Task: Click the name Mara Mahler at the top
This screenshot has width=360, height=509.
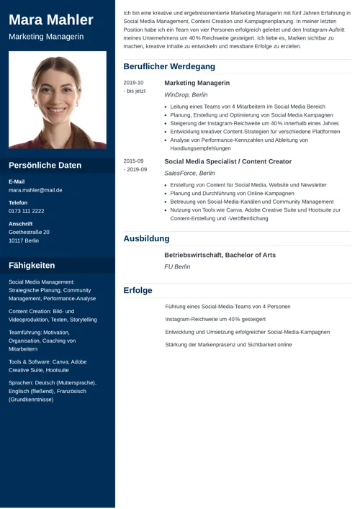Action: click(x=51, y=19)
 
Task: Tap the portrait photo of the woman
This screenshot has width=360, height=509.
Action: click(x=58, y=99)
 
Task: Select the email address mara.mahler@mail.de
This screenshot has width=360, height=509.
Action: click(x=35, y=191)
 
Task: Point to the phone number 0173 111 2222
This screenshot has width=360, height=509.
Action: click(x=27, y=211)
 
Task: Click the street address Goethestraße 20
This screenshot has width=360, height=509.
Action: click(x=29, y=232)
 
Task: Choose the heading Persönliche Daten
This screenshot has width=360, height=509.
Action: click(x=45, y=165)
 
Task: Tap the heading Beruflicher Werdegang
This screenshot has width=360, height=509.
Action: click(x=168, y=66)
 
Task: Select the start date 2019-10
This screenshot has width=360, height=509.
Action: click(x=133, y=83)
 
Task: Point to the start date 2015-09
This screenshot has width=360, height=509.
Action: click(x=133, y=161)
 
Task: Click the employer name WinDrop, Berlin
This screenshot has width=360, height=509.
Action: click(x=186, y=94)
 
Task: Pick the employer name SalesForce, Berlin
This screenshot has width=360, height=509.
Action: click(x=189, y=173)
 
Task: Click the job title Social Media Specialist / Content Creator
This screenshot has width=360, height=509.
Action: click(x=228, y=161)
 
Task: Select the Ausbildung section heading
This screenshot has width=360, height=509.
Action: click(x=146, y=238)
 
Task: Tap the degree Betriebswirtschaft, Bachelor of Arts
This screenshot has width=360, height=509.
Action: click(x=220, y=255)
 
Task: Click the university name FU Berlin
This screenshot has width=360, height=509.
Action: click(x=177, y=266)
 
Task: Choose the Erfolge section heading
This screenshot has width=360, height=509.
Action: click(x=138, y=290)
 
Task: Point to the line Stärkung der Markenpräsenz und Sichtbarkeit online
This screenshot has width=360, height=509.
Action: click(x=228, y=345)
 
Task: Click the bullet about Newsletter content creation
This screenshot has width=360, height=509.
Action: click(x=248, y=185)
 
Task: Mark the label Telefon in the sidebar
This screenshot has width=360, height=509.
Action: click(x=18, y=203)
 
